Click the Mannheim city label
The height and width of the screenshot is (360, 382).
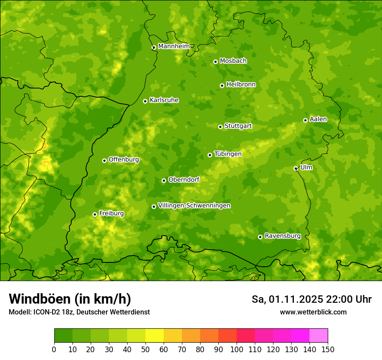click(174, 46)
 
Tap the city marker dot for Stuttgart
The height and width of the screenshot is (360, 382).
click(220, 127)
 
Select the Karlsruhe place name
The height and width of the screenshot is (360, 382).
click(164, 100)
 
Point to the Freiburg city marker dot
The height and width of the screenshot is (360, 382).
click(95, 214)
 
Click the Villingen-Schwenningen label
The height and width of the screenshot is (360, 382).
click(194, 206)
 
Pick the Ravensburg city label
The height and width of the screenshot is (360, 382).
click(282, 236)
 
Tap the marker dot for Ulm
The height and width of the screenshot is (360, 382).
click(296, 168)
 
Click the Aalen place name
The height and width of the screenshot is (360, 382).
click(318, 119)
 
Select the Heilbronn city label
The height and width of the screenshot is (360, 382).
click(241, 85)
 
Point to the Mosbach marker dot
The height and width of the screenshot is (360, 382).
click(215, 62)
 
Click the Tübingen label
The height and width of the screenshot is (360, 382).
click(227, 154)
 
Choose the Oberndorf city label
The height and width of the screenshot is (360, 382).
click(184, 180)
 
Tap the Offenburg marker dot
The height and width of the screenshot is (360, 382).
click(104, 160)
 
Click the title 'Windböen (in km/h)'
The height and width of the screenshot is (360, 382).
click(70, 299)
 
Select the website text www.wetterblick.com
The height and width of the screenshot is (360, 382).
click(313, 312)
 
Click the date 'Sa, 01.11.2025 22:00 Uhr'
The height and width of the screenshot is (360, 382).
click(311, 299)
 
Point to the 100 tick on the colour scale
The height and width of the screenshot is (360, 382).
click(237, 349)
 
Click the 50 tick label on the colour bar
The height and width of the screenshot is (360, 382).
click(145, 349)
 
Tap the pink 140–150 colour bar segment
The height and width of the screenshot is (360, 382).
click(318, 336)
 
